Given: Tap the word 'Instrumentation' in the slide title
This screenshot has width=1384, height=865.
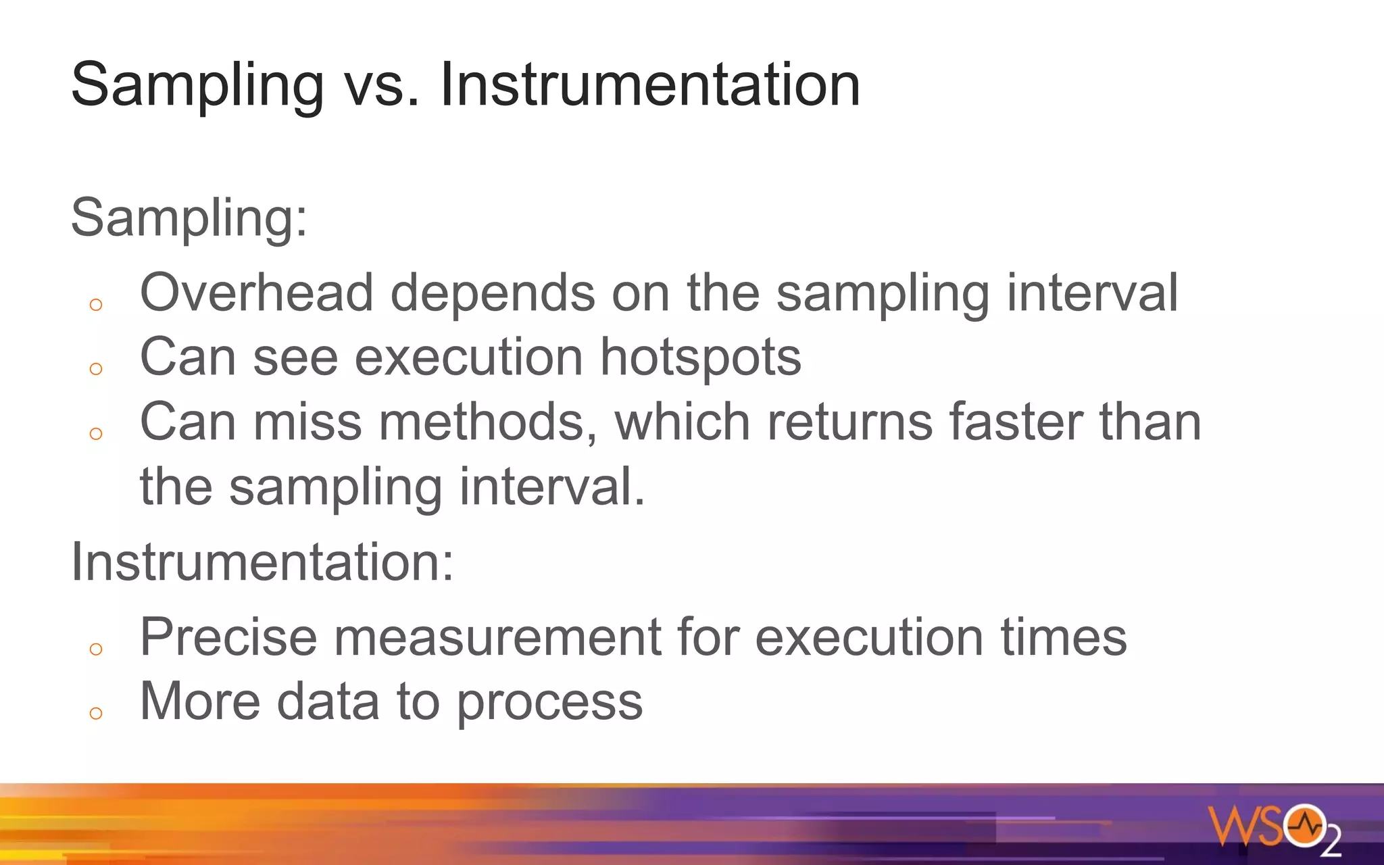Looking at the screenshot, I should click(649, 84).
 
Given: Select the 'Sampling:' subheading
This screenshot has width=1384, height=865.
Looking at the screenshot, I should click(189, 218).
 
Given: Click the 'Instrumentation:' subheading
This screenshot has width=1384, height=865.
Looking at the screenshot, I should click(262, 562).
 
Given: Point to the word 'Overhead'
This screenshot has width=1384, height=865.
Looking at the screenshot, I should click(256, 293).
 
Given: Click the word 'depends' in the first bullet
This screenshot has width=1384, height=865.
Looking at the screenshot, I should click(493, 293).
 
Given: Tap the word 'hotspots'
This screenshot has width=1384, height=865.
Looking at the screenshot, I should click(700, 358).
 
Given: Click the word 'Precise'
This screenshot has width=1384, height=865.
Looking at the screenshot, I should click(228, 637).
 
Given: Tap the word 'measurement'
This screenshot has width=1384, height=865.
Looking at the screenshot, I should click(497, 637).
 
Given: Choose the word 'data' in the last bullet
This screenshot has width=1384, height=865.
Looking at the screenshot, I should click(328, 701).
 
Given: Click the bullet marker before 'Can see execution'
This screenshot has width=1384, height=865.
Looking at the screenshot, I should click(96, 369).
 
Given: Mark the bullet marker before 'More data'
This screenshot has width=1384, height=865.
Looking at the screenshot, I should click(96, 714).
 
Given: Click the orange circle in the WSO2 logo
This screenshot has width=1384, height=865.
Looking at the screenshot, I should click(1304, 824).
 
